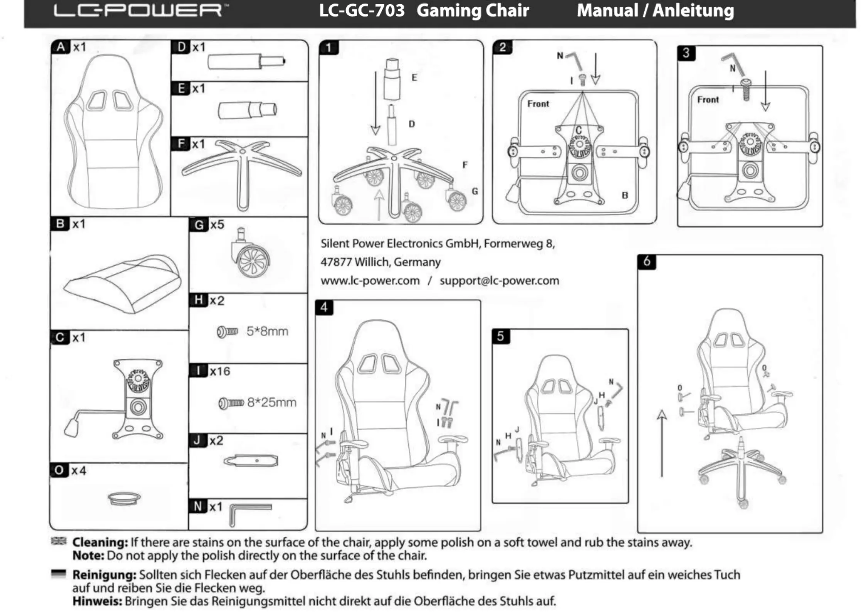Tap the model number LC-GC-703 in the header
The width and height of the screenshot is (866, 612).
[362, 10]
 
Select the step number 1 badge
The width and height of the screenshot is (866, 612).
[329, 47]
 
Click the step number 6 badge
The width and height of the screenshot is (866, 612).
[647, 261]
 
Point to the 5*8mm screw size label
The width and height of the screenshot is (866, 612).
[267, 331]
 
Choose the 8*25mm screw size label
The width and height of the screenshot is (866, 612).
[271, 402]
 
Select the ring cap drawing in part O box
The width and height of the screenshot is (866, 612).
[124, 498]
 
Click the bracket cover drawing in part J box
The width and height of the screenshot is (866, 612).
[251, 461]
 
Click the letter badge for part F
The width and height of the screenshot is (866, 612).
[181, 144]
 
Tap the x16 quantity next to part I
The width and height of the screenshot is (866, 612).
[220, 371]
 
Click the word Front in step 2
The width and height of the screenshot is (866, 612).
[538, 104]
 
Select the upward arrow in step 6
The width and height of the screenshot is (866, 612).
[662, 443]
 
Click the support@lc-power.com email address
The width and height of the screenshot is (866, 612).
[499, 281]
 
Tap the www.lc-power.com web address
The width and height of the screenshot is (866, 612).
[370, 281]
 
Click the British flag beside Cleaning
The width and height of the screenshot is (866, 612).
[59, 541]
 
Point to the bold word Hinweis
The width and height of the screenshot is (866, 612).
[97, 601]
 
